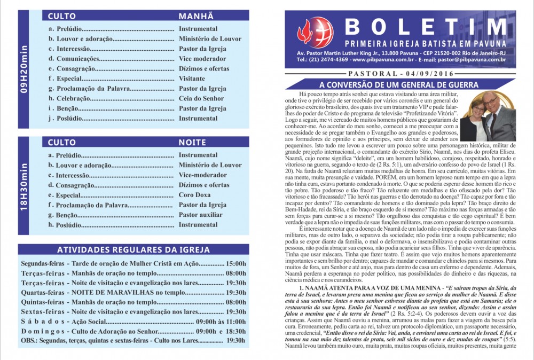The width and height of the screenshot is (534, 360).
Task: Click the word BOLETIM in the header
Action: (x=426, y=27)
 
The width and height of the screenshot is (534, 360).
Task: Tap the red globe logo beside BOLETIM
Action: (x=315, y=32)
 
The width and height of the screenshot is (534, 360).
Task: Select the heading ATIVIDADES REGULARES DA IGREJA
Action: (x=133, y=250)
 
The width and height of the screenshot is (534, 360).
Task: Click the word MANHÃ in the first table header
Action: (x=196, y=16)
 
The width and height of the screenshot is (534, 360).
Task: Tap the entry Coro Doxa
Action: (x=194, y=195)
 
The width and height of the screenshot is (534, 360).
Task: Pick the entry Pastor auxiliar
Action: (x=201, y=215)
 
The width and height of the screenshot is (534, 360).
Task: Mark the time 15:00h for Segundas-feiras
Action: (x=235, y=263)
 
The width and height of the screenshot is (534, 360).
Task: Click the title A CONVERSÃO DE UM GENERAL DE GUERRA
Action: (x=398, y=85)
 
